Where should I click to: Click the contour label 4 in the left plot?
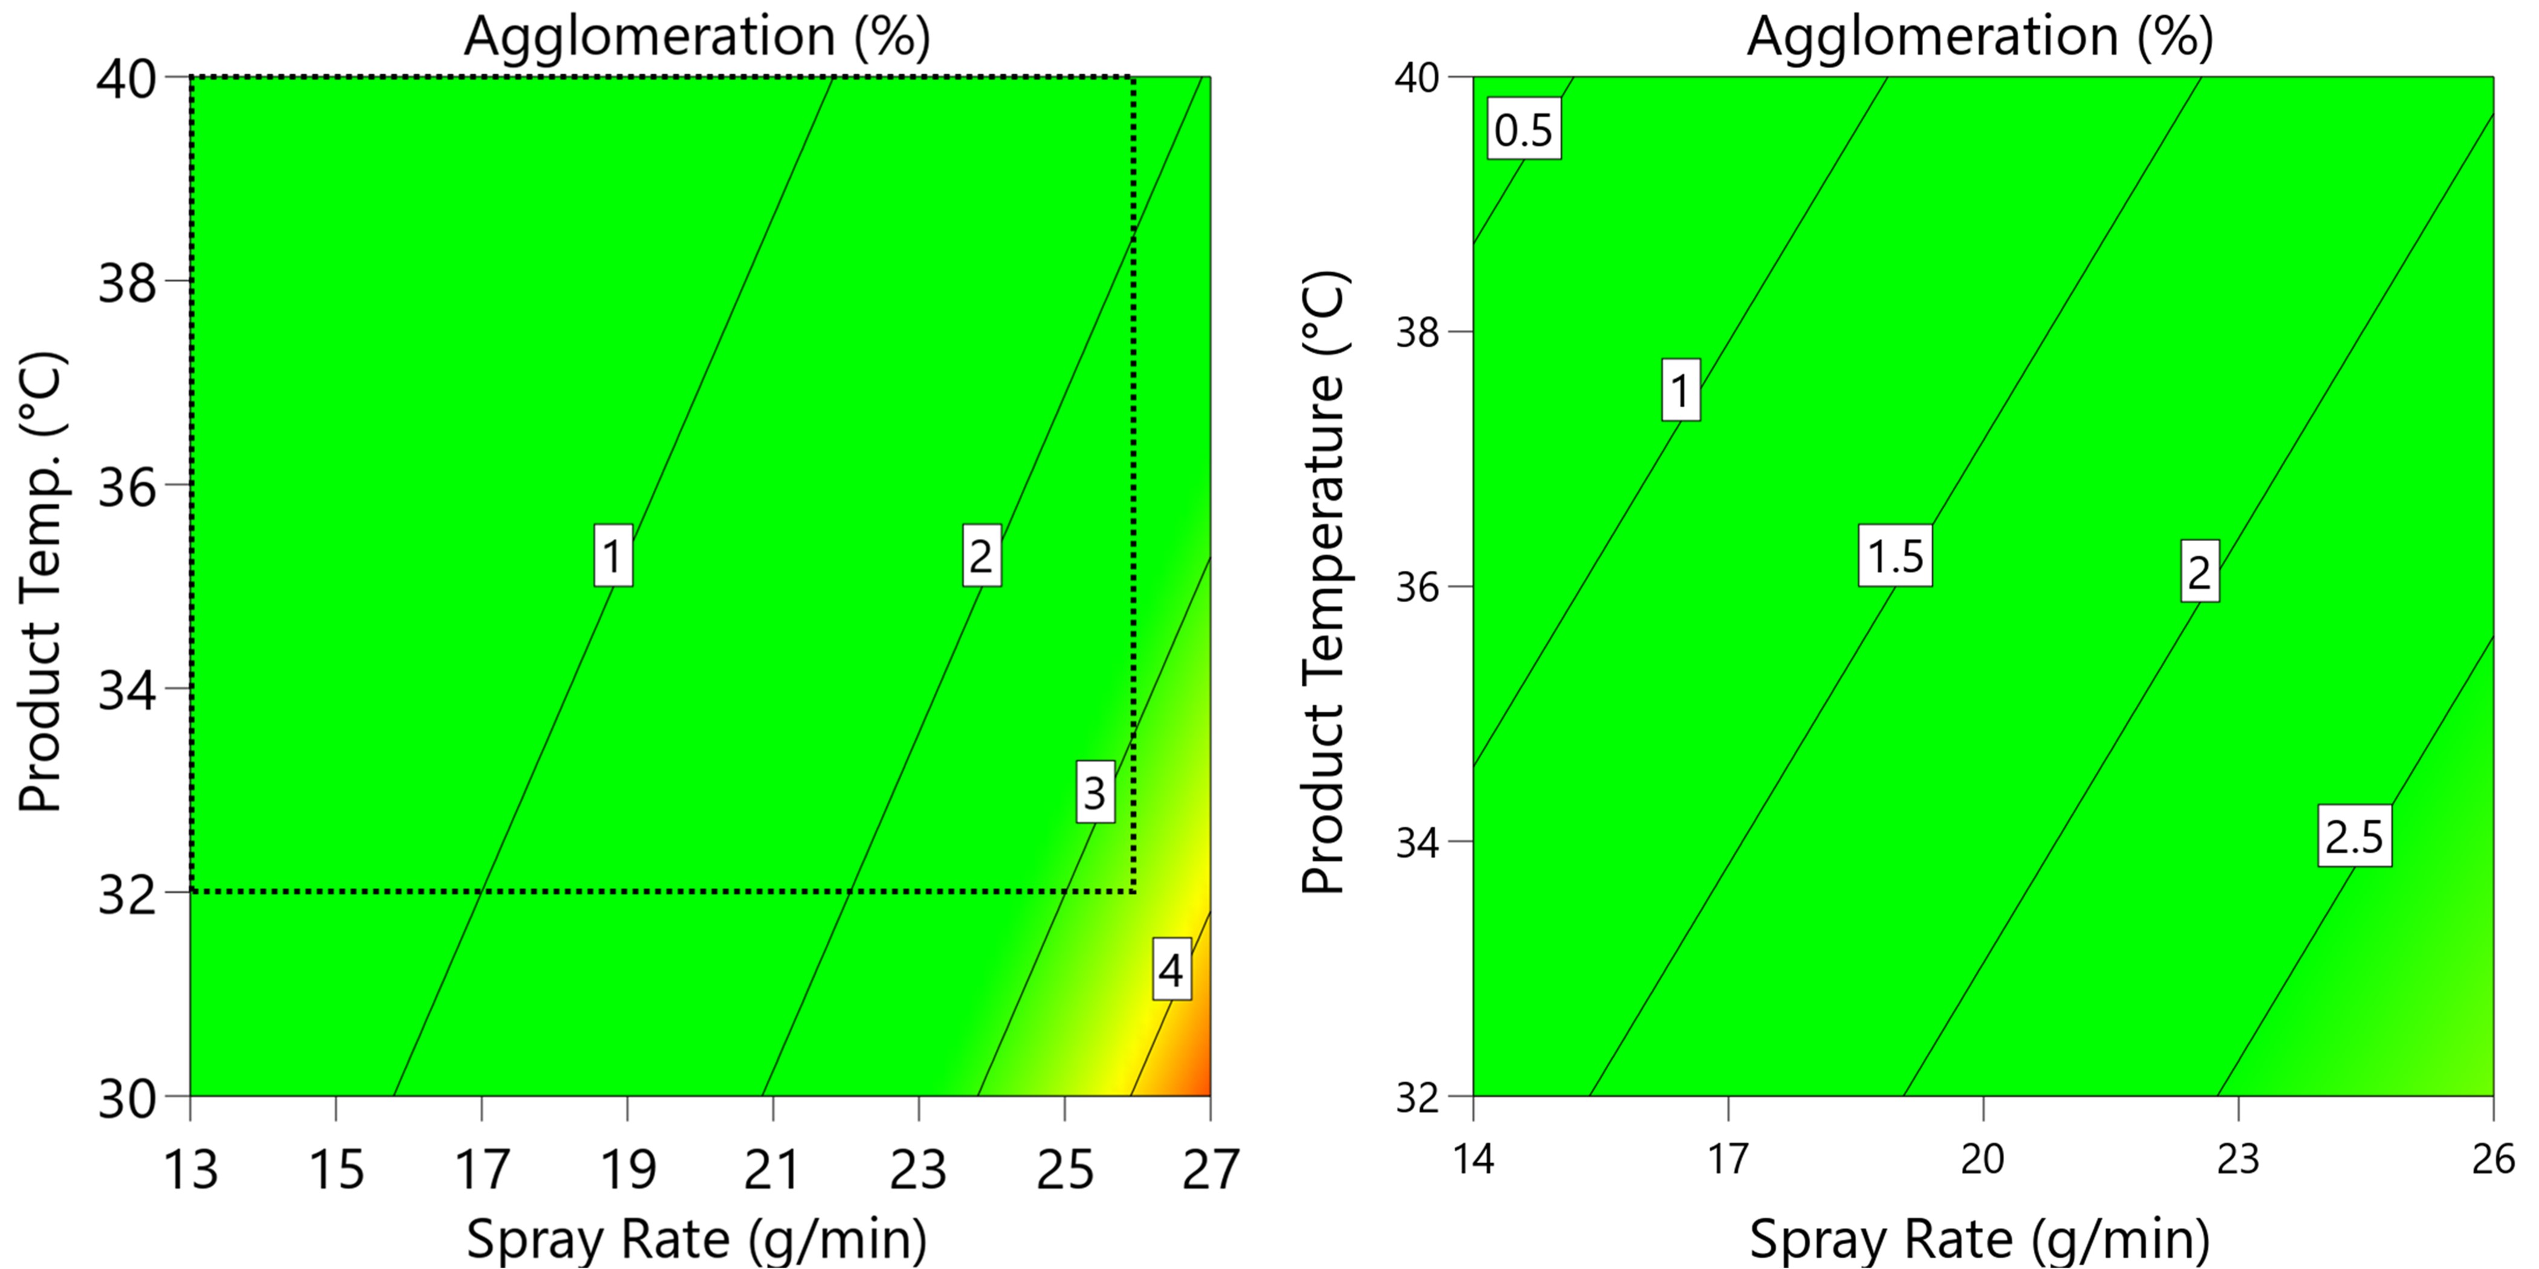tap(1171, 971)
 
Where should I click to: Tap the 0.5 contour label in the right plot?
tap(1523, 130)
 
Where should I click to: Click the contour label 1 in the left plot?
tap(613, 557)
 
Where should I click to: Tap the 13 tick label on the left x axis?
tap(190, 1171)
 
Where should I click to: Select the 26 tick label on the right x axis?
tap(2492, 1160)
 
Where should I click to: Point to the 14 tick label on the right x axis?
tap(1473, 1160)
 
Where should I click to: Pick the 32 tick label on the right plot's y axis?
tap(1419, 1097)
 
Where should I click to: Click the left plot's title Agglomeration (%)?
tap(697, 37)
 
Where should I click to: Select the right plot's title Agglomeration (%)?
tap(1980, 37)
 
